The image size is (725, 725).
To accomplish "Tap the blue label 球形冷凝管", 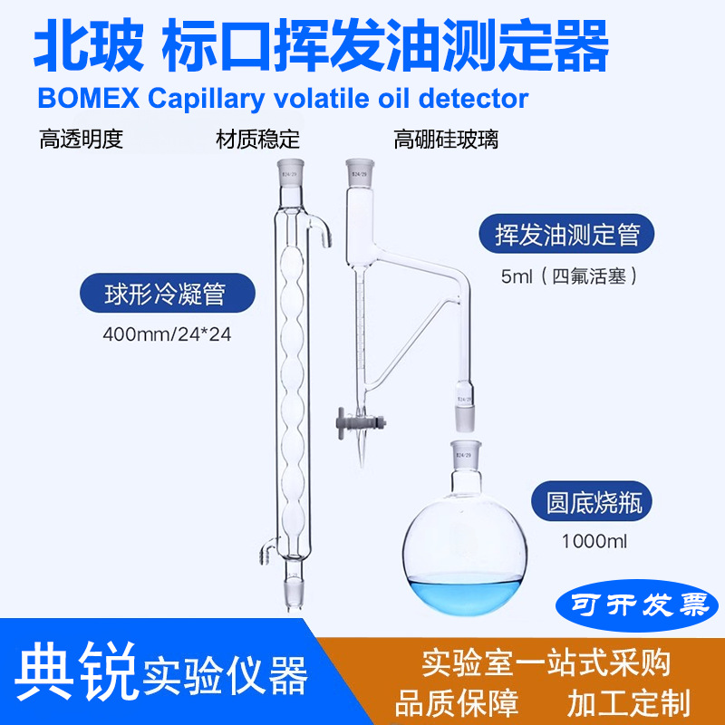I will click(167, 295).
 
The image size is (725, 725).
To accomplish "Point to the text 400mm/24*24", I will click(168, 334).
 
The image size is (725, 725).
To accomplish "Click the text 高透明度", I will click(81, 140).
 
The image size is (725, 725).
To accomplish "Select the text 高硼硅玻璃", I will click(446, 140).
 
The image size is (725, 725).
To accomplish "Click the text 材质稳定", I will click(257, 140).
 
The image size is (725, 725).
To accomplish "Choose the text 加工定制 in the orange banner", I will click(629, 701).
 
